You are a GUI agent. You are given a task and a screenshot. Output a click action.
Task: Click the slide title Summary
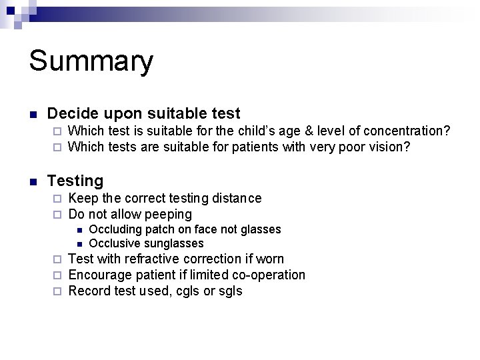pyautogui.click(x=91, y=62)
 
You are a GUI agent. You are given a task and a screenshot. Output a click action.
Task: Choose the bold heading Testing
pyautogui.click(x=75, y=181)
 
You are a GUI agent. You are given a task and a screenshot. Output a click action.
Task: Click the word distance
pyautogui.click(x=238, y=198)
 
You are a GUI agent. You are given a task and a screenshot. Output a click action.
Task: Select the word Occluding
pyautogui.click(x=116, y=229)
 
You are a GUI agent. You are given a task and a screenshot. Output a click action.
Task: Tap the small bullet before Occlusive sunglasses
pyautogui.click(x=79, y=244)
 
